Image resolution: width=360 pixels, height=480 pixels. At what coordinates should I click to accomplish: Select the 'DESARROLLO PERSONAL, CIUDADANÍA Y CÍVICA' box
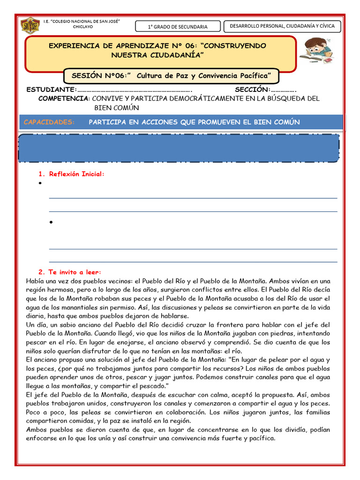[x=282, y=26]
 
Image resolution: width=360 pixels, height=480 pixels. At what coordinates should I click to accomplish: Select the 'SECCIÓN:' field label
[x=253, y=90]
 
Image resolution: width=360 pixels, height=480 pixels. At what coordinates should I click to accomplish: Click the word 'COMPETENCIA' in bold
[x=64, y=98]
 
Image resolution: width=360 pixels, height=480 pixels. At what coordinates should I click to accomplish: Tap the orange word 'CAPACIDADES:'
[x=49, y=122]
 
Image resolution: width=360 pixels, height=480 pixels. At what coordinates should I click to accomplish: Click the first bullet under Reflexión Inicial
[x=41, y=184]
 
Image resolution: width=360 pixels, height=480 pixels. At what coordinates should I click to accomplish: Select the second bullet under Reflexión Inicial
[x=50, y=222]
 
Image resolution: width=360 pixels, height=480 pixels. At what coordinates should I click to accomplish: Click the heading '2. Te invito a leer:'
[x=69, y=272]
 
